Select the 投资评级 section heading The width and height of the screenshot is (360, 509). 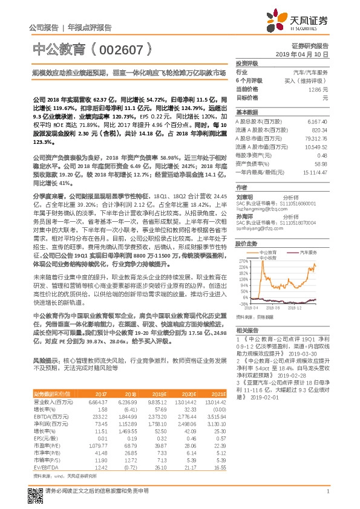click(247, 63)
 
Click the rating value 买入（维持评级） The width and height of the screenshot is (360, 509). click(308, 80)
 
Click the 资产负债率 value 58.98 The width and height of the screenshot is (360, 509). click(321, 163)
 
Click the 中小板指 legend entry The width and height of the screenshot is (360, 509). click(267, 258)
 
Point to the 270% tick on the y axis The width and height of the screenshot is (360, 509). click(244, 258)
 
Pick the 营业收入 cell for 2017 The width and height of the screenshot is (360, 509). click(97, 401)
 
